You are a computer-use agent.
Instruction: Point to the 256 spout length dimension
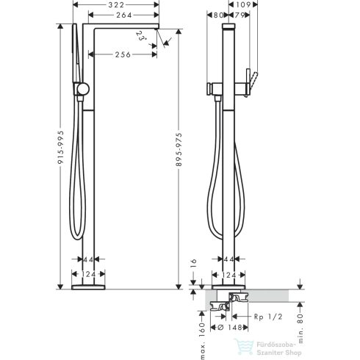coord(122,55)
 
